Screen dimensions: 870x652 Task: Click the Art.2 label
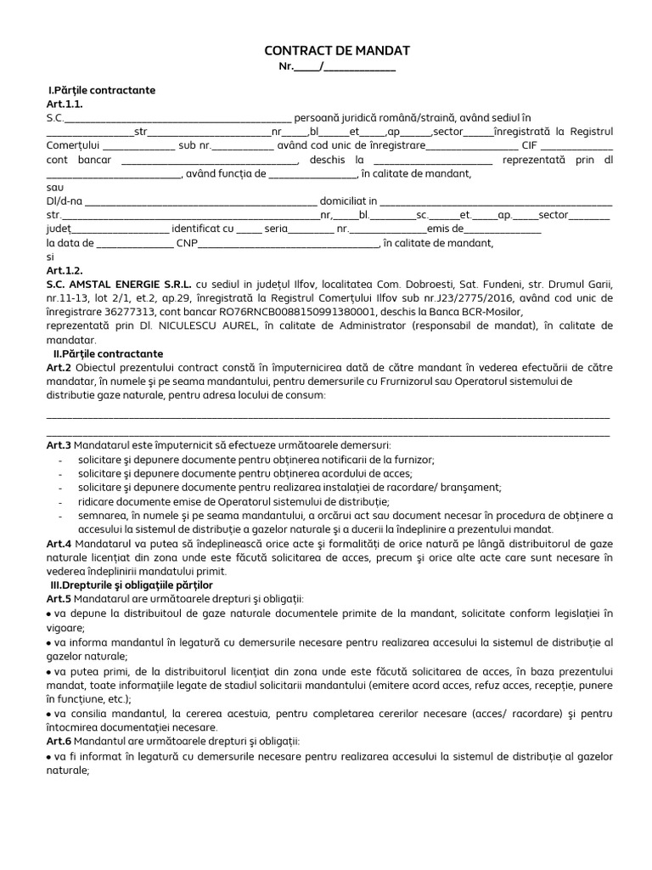coord(58,367)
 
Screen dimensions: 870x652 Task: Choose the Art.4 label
coord(58,542)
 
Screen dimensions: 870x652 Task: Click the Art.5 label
coord(58,599)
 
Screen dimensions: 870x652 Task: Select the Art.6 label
coord(58,741)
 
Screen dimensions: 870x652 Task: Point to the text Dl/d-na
coord(64,201)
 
